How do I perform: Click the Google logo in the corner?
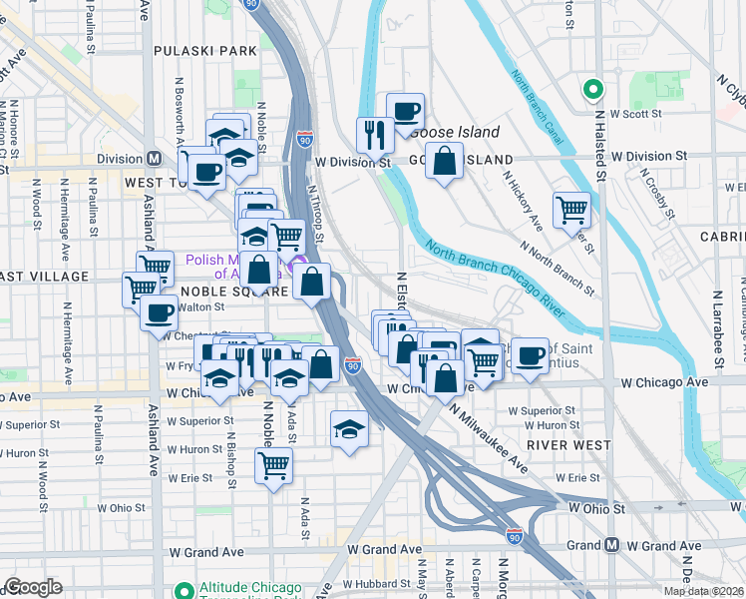coord(32,587)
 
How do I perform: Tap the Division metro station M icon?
coord(155,159)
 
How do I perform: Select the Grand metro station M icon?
coord(611,545)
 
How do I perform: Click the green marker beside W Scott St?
coord(592,90)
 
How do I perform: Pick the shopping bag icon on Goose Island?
coord(444,161)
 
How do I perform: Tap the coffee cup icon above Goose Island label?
coord(405,111)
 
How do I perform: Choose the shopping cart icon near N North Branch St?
coord(571,209)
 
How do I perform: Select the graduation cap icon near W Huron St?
coord(348,429)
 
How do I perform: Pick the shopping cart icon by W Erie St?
coord(272,463)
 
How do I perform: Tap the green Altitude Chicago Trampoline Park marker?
coord(184,590)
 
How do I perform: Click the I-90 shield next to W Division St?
coord(304,140)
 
